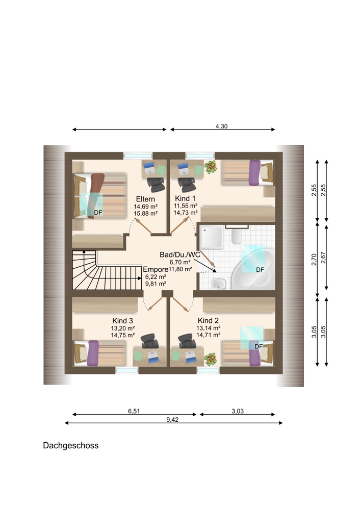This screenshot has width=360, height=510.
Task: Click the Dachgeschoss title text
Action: pyautogui.click(x=70, y=445)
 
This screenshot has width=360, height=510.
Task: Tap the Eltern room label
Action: pyautogui.click(x=145, y=199)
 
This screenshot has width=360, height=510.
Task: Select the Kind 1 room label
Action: pyautogui.click(x=186, y=198)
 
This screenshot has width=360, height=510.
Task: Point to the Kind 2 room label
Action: pyautogui.click(x=208, y=320)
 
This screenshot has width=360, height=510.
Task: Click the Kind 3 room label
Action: pyautogui.click(x=122, y=321)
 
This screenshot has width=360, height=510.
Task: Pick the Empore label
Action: pyautogui.click(x=156, y=269)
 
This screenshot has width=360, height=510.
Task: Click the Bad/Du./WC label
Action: pyautogui.click(x=180, y=254)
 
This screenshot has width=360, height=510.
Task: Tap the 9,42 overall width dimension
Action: pyautogui.click(x=172, y=420)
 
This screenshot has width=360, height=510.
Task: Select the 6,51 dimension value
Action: pyautogui.click(x=134, y=411)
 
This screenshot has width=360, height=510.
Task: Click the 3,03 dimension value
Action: pyautogui.click(x=238, y=411)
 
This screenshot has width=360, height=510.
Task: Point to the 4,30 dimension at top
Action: pyautogui.click(x=221, y=126)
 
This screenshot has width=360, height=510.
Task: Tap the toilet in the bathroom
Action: pyautogui.click(x=237, y=237)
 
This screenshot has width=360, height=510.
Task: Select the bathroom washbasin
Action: pyautogui.click(x=219, y=284)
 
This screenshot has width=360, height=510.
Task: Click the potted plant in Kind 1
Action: pyautogui.click(x=211, y=167)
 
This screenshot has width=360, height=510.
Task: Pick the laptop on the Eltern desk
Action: pyautogui.click(x=149, y=168)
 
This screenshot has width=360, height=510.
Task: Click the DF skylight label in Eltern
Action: pyautogui.click(x=98, y=213)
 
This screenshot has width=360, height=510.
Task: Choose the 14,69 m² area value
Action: pyautogui.click(x=145, y=206)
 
